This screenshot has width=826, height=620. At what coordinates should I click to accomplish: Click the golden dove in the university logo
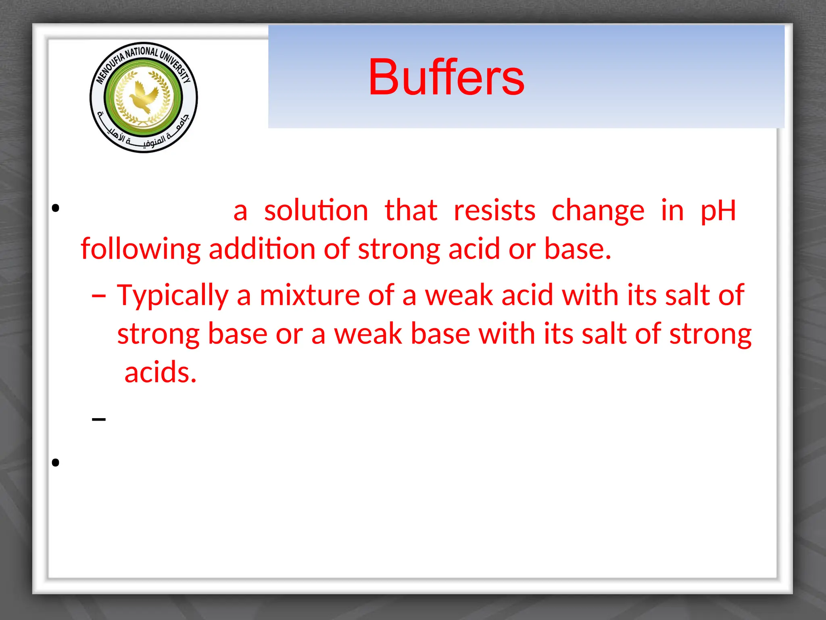143,97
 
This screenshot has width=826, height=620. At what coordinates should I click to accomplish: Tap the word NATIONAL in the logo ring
142,52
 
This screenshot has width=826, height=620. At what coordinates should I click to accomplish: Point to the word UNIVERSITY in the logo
176,65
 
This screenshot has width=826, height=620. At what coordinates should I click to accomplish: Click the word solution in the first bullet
316,210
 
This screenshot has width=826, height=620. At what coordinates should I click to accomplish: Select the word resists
494,210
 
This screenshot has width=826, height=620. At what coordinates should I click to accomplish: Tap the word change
598,211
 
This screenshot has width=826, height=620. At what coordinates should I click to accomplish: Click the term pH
718,211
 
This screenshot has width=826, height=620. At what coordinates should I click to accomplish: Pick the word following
140,249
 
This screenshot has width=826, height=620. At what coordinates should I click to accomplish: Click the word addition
262,249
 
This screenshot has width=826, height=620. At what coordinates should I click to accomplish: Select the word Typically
173,295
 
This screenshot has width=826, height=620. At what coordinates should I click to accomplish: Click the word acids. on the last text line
161,372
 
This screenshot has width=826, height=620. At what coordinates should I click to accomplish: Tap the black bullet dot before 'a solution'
56,208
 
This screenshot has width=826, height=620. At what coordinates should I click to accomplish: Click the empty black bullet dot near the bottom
56,463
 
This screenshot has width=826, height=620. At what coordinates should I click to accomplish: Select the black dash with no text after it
99,419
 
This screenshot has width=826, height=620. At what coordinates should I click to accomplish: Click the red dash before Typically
99,296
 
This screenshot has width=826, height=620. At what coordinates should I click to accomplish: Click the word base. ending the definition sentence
578,249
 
